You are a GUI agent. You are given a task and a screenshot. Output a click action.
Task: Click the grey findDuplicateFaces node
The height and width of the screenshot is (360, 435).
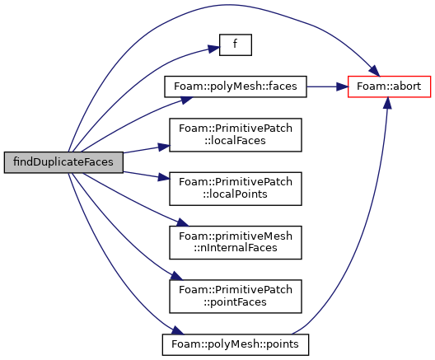tap(63, 162)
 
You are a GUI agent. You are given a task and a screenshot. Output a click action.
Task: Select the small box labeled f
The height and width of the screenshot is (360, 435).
tap(236, 44)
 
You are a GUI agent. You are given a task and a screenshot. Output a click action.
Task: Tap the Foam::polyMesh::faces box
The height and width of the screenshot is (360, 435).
tap(236, 86)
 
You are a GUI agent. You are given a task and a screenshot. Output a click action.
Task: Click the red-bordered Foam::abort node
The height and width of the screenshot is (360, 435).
tap(389, 86)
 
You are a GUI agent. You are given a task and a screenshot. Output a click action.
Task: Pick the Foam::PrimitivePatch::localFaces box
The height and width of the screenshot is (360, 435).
tap(236, 135)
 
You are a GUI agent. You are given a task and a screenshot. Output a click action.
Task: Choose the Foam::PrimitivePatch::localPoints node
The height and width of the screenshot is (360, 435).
tap(236, 189)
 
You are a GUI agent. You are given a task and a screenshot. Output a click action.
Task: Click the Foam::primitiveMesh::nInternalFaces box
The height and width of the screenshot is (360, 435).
tap(236, 242)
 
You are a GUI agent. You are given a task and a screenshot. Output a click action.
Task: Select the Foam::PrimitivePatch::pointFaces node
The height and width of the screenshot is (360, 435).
tap(236, 297)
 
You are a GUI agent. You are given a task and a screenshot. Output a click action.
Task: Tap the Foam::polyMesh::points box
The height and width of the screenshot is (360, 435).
tap(236, 344)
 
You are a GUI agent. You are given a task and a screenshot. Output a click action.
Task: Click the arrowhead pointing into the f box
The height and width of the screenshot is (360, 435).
tap(214, 49)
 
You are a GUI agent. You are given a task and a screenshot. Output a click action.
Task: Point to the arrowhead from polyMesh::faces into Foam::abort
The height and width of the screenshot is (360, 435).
tap(342, 86)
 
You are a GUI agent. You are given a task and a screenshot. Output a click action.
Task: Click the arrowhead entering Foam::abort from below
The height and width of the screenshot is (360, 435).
tap(388, 103)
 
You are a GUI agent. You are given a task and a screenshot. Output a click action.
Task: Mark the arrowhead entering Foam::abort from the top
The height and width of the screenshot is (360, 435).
tap(374, 71)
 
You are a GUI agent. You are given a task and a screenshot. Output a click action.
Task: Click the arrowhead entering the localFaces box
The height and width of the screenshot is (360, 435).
tap(164, 147)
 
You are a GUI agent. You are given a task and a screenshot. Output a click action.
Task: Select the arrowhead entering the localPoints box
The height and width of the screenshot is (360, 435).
tap(164, 177)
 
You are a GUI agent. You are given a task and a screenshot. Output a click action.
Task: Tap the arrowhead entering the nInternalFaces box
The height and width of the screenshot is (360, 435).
tap(183, 222)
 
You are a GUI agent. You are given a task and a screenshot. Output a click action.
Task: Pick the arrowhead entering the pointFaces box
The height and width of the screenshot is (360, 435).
tap(177, 276)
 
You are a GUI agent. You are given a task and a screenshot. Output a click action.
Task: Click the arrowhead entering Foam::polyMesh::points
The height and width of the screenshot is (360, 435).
tap(178, 330)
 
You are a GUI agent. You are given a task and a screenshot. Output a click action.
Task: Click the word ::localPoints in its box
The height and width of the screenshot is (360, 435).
tap(235, 194)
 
